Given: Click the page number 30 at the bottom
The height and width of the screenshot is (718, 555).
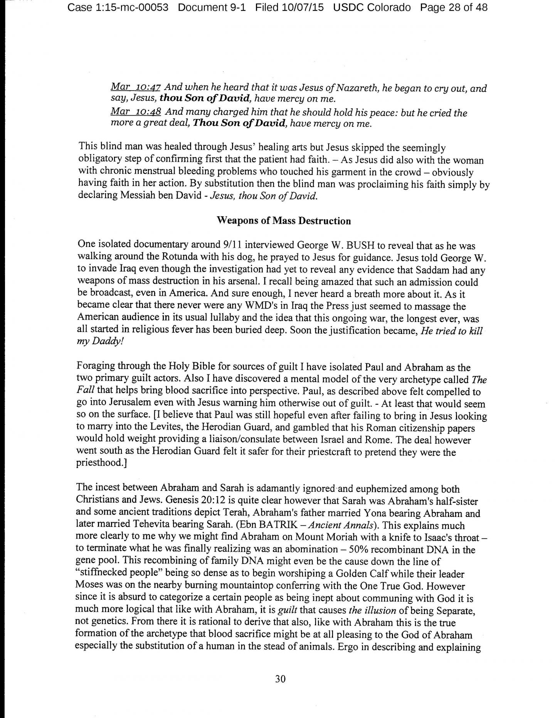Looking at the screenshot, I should [280, 679].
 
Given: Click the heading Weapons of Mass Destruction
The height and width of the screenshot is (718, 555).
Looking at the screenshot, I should [284, 221].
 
